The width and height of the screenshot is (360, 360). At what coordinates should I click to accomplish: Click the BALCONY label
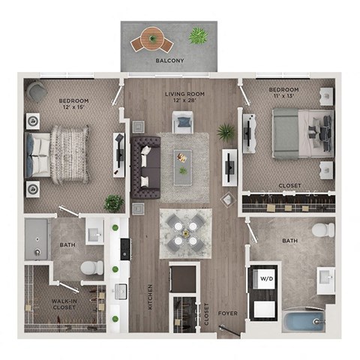(169, 61)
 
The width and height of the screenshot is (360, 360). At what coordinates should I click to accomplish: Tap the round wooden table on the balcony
(151, 38)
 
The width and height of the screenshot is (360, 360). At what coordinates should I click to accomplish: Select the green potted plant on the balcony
(198, 35)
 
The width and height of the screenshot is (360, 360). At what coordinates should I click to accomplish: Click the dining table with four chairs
(184, 232)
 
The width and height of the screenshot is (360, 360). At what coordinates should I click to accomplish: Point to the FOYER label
(228, 313)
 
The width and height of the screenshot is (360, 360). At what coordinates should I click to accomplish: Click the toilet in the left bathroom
(91, 267)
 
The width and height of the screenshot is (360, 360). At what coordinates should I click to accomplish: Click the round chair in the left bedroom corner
(35, 91)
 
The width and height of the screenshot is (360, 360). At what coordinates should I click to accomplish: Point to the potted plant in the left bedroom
(113, 202)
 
